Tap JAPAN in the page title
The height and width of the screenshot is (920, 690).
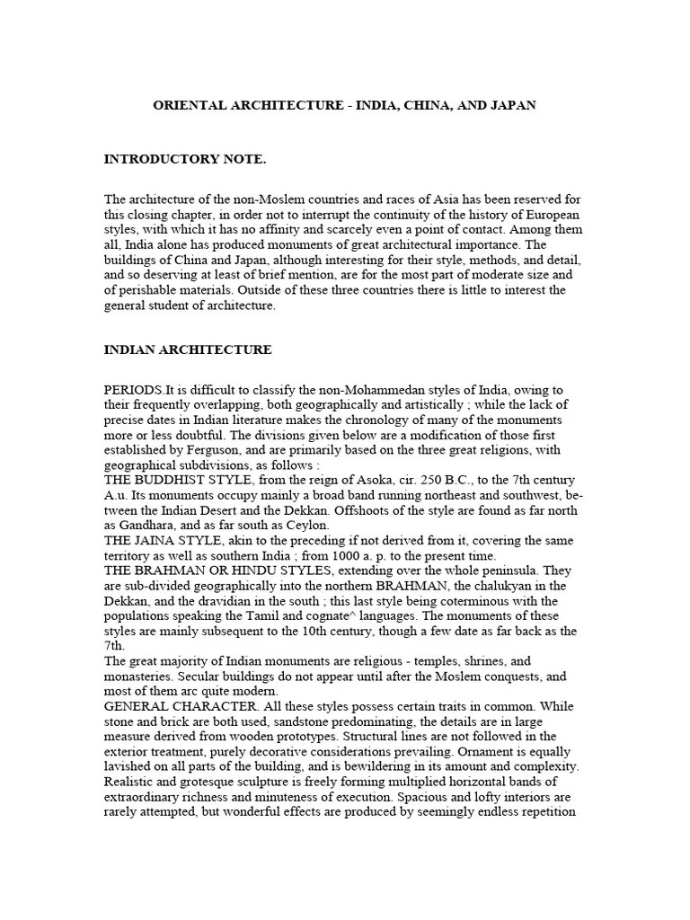tap(513, 105)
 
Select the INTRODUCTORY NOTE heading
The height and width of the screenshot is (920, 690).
tap(185, 159)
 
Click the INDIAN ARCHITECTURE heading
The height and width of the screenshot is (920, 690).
tap(188, 349)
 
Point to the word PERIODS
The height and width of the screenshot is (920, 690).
tap(134, 389)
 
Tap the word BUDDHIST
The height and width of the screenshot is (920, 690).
tap(179, 481)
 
